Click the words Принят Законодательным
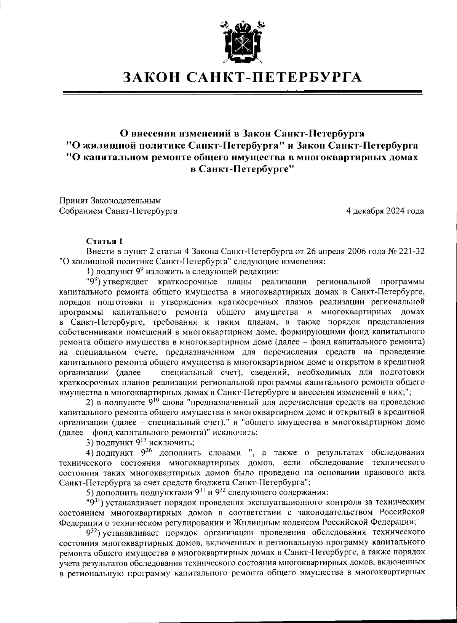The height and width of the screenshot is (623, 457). point(110,200)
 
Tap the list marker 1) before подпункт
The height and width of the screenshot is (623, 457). point(90,272)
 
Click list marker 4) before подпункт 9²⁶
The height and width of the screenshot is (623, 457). point(90,453)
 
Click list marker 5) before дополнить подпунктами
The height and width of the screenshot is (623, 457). point(90,492)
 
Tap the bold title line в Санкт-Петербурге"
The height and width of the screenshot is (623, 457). point(242,168)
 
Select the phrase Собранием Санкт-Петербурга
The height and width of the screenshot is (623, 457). point(118,211)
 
